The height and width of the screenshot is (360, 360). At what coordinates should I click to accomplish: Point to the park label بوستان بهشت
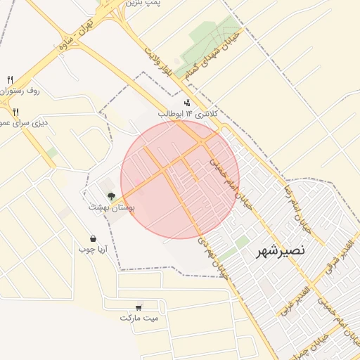(x=111, y=208)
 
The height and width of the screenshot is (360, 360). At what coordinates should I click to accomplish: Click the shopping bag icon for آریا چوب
(x=93, y=238)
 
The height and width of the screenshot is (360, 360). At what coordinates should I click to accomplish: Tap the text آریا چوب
(x=92, y=249)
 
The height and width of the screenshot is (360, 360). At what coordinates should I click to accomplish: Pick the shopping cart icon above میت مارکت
(x=139, y=307)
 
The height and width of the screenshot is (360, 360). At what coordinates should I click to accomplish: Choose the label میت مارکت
(x=139, y=318)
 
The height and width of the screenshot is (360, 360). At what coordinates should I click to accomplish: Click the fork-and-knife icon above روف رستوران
(x=10, y=79)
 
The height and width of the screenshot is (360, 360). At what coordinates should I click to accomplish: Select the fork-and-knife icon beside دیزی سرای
(x=15, y=112)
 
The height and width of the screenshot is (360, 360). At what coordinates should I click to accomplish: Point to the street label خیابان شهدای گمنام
(x=216, y=49)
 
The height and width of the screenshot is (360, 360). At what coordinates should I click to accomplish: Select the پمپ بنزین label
(x=144, y=4)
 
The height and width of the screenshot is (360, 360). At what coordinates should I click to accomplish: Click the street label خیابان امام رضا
(x=296, y=208)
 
